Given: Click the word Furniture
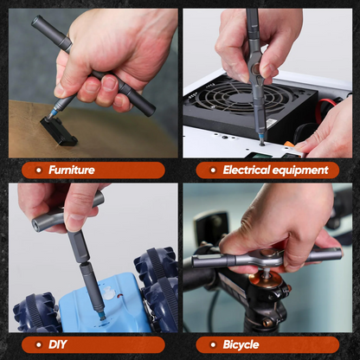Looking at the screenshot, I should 72,170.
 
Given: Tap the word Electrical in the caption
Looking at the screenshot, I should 248,170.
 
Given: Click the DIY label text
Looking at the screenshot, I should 56,344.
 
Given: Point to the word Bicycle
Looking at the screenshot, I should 241,344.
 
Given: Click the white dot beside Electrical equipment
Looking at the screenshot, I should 212,170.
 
